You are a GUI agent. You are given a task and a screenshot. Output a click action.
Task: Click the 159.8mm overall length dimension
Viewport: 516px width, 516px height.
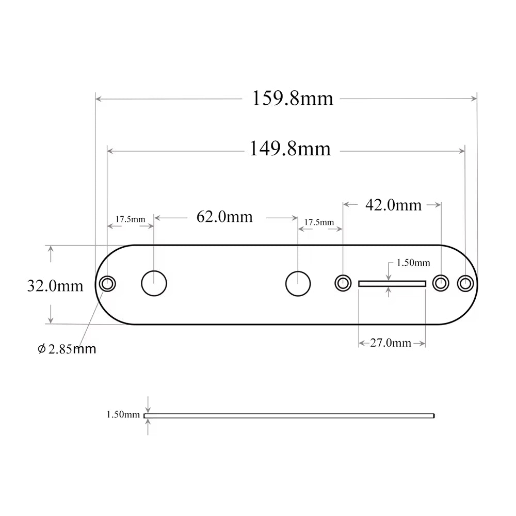pyautogui.click(x=292, y=98)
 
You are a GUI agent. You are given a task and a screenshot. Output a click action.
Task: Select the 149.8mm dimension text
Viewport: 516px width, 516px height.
pyautogui.click(x=290, y=149)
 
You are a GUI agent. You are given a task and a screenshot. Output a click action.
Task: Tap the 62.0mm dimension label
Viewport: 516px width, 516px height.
pyautogui.click(x=224, y=216)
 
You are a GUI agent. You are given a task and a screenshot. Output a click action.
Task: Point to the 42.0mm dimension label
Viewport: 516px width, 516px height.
pyautogui.click(x=393, y=205)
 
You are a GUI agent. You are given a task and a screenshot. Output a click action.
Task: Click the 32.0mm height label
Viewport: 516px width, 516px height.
pyautogui.click(x=55, y=285)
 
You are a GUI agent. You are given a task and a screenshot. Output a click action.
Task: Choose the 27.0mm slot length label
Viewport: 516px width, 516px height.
pyautogui.click(x=391, y=343)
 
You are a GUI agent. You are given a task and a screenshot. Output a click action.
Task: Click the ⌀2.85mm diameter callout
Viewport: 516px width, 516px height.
pyautogui.click(x=67, y=349)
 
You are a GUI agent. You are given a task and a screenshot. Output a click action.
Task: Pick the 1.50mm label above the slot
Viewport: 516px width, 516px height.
pyautogui.click(x=413, y=263)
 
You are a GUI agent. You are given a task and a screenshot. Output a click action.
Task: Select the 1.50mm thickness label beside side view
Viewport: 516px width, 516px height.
pyautogui.click(x=123, y=414)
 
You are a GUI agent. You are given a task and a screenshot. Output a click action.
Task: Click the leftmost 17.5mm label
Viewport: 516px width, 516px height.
pyautogui.click(x=130, y=219)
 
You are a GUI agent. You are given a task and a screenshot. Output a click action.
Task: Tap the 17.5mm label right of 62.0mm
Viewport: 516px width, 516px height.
pyautogui.click(x=319, y=222)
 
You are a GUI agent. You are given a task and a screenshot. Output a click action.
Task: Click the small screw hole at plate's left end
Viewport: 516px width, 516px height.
pyautogui.click(x=107, y=283)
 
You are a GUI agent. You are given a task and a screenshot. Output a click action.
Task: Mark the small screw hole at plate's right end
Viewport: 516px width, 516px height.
pyautogui.click(x=465, y=283)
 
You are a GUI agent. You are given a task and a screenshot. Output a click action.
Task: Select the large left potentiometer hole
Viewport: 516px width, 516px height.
pyautogui.click(x=154, y=283)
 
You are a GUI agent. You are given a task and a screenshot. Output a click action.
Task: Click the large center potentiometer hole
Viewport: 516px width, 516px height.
pyautogui.click(x=298, y=283)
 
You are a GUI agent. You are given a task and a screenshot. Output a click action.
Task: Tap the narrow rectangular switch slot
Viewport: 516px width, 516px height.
pyautogui.click(x=392, y=283)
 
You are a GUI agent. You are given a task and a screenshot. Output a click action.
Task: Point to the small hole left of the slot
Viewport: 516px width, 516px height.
pyautogui.click(x=343, y=283)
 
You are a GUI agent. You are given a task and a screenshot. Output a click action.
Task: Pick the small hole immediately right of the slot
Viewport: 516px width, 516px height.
pyautogui.click(x=440, y=283)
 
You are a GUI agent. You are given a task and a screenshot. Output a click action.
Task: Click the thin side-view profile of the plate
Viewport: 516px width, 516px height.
pyautogui.click(x=289, y=415)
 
